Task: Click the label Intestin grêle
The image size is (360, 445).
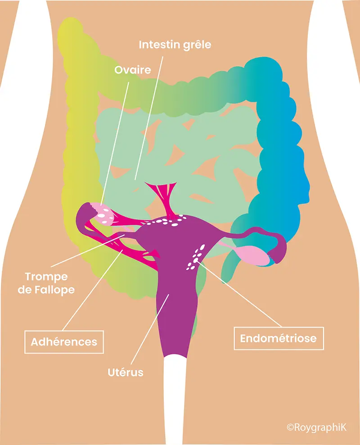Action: [175, 45]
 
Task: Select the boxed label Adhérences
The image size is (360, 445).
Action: [64, 342]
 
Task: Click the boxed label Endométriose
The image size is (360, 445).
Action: [279, 338]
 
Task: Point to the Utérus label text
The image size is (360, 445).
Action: [126, 372]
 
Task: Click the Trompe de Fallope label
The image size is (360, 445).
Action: [46, 283]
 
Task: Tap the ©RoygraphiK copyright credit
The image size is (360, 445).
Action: [316, 427]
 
